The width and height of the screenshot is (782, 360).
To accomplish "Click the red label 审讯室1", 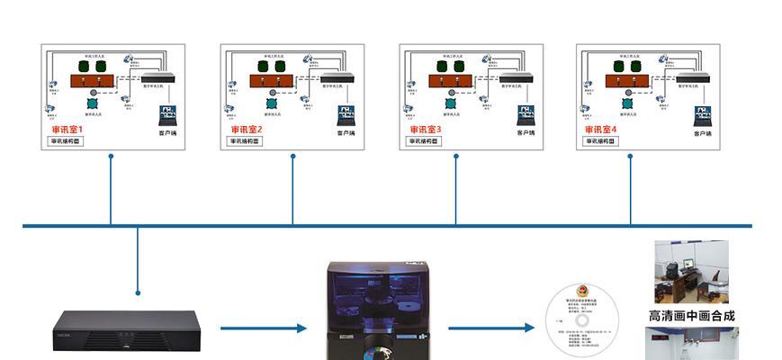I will pos(68,130).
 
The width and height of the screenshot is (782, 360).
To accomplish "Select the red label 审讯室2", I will pos(246,130).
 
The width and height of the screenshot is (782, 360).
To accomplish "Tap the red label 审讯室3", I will pos(426,130).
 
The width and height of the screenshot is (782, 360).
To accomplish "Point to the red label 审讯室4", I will pos(602,130).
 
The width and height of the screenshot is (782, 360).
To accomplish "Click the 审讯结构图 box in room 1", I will pos(67,141).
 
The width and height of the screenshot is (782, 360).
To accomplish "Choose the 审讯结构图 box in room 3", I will pos(425,141).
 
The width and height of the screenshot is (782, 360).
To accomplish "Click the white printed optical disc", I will pos(583,321).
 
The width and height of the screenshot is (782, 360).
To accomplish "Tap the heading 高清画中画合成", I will pos(691,316).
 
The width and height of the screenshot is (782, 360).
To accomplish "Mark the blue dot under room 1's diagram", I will pos(111,156).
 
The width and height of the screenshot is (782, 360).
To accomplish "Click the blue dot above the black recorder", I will pos(138,292).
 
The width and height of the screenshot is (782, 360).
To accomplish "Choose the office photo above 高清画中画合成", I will pos(690,272).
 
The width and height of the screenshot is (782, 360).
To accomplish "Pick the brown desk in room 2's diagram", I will pos(269,81).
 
